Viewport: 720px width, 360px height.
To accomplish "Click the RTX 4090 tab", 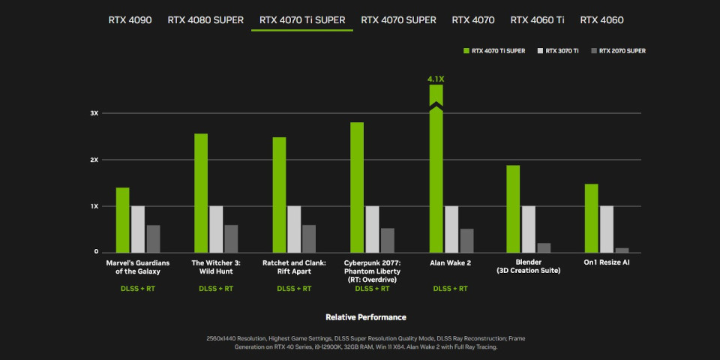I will tap(130, 19).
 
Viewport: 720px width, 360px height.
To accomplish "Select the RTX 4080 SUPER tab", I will tap(205, 19).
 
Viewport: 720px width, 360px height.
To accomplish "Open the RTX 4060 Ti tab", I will tap(537, 19).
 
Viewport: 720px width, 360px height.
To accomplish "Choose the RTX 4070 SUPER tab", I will tap(398, 19).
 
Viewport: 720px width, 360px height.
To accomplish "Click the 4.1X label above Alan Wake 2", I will tap(436, 78).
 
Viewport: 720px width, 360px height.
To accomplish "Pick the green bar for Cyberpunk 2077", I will tap(357, 187).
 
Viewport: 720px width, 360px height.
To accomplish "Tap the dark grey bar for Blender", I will tap(544, 247).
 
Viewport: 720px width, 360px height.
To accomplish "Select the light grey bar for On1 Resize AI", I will tap(606, 229).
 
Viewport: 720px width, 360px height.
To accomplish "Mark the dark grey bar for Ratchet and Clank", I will tap(309, 238).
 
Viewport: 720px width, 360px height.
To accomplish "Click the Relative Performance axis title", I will tap(366, 317).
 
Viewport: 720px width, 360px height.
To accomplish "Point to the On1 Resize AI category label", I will tap(606, 262).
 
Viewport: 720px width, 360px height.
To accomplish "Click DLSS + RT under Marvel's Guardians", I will tap(138, 288).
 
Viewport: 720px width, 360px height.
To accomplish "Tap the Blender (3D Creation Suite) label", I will tap(529, 266).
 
